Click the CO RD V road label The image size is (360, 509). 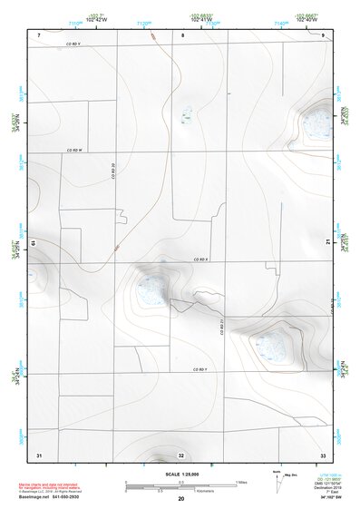coord(73,43)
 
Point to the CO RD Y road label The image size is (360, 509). coord(200,370)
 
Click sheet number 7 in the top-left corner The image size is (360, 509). coord(39,34)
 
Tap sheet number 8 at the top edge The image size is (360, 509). coord(182,34)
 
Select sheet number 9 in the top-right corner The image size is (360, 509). coord(323,34)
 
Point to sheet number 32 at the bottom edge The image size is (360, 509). coord(181,455)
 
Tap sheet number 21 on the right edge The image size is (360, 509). coord(327,240)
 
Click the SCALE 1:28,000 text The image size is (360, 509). coord(180,474)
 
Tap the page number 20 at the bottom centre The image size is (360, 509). coord(181,500)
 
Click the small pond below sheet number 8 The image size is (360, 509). coord(187,115)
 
